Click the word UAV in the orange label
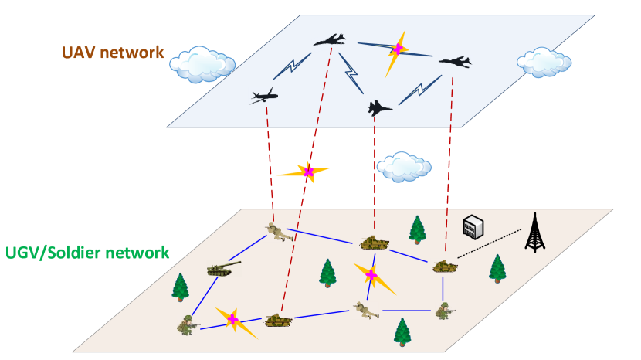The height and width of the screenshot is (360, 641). tap(78, 53)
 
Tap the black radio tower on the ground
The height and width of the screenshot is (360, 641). tap(534, 233)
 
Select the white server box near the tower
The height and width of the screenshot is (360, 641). tap(473, 226)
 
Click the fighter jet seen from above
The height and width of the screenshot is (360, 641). tap(379, 107)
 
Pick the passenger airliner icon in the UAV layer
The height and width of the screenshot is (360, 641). tap(263, 96)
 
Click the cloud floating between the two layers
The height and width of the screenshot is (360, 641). tap(403, 166)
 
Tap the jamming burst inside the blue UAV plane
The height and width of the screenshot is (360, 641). tap(398, 49)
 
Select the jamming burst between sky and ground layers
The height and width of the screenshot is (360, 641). tap(307, 172)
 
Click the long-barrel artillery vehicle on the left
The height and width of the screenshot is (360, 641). tap(223, 268)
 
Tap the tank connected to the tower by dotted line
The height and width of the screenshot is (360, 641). tap(444, 265)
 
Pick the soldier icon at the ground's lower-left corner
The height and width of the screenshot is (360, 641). tap(188, 325)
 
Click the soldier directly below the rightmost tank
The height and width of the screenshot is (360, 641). tap(444, 311)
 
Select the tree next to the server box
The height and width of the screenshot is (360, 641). tap(417, 229)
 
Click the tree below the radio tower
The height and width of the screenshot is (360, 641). tap(497, 267)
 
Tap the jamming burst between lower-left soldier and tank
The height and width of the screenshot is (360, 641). tap(232, 319)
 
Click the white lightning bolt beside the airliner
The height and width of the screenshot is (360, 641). tap(291, 67)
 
